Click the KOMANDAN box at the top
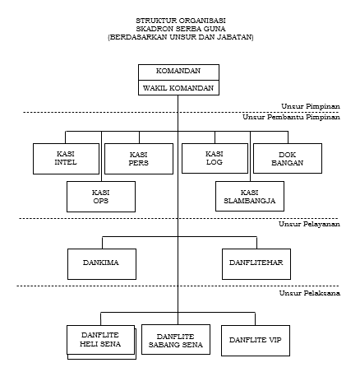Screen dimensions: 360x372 [178, 72]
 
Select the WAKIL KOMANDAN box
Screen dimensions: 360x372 [178, 88]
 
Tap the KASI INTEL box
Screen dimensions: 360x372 [66, 159]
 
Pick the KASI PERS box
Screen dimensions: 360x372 [139, 159]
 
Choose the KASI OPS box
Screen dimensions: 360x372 [101, 197]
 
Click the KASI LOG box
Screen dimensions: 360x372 [215, 158]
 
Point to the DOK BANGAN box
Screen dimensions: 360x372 [288, 158]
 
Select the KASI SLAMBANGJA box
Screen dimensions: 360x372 [250, 196]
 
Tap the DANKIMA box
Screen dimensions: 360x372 [102, 264]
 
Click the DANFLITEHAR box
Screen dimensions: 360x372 [256, 264]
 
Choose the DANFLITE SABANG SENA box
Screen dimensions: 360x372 [176, 340]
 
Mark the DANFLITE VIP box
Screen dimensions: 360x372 [256, 341]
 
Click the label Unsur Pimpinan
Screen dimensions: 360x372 [311, 106]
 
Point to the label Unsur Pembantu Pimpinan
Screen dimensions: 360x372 [291, 117]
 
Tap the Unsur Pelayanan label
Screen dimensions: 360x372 [309, 224]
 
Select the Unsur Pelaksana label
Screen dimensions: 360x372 [310, 293]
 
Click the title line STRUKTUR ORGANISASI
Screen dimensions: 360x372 [181, 21]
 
